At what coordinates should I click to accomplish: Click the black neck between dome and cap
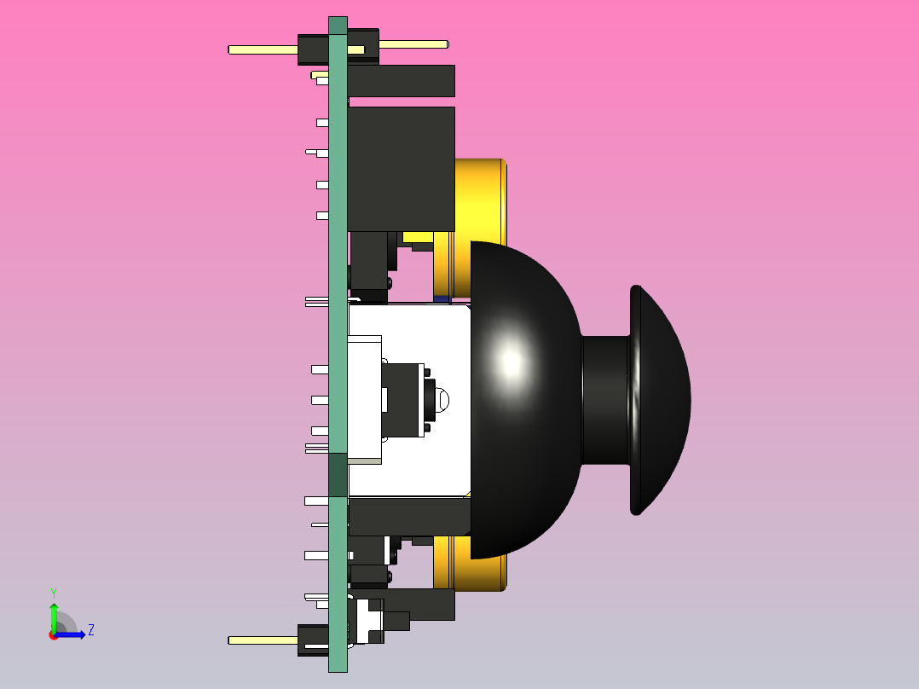[605, 399]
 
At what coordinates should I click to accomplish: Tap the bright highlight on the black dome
[511, 362]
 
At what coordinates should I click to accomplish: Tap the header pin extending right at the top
[413, 44]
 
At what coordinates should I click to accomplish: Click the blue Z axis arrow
[72, 634]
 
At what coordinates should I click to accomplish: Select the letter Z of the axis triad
[90, 630]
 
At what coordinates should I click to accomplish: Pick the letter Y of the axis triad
[53, 592]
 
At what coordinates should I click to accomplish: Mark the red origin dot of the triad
[53, 635]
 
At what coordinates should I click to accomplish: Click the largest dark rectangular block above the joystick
[401, 168]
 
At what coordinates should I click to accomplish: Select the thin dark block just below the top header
[401, 81]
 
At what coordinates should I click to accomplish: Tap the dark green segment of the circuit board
[338, 474]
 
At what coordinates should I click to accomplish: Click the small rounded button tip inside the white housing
[442, 398]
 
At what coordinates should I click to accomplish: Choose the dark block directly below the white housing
[409, 516]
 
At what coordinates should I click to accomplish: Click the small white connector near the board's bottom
[368, 620]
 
